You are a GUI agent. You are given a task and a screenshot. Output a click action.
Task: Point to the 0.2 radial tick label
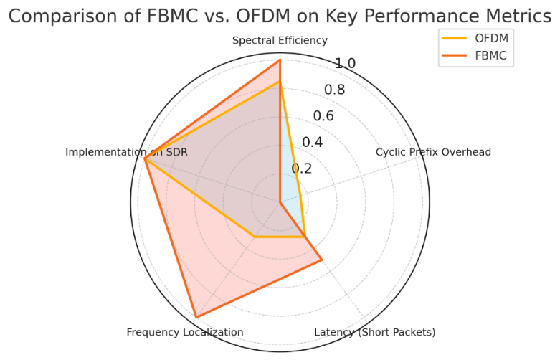(302, 169)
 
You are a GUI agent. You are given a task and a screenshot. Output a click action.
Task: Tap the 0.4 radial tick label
(312, 142)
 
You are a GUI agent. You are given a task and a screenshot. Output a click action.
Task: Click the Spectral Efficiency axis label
(280, 41)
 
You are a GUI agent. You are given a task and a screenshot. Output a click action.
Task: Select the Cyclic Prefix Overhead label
(433, 152)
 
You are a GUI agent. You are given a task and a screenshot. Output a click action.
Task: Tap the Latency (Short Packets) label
(374, 332)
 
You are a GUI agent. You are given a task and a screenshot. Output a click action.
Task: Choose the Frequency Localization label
(185, 332)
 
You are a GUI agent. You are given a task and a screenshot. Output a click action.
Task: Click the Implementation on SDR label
(126, 152)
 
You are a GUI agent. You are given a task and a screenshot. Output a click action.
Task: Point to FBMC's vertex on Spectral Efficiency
(280, 60)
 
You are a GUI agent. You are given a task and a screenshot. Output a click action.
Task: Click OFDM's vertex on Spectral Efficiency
(280, 82)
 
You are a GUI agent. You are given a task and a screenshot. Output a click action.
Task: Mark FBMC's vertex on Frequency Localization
(196, 316)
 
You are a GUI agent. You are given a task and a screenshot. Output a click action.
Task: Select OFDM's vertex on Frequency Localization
(254, 237)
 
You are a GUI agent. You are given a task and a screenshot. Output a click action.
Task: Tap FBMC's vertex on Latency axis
(321, 260)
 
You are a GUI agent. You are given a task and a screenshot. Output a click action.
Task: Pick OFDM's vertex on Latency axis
(305, 237)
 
